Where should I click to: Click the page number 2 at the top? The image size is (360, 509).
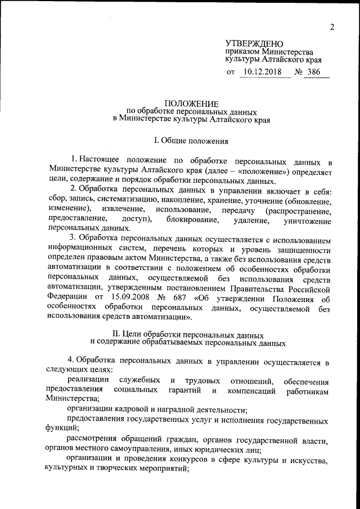click(x=332, y=28)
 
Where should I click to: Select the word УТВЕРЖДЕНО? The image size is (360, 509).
click(x=254, y=43)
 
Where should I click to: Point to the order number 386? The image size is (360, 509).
click(x=315, y=73)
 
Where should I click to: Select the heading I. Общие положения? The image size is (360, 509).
click(x=191, y=137)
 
